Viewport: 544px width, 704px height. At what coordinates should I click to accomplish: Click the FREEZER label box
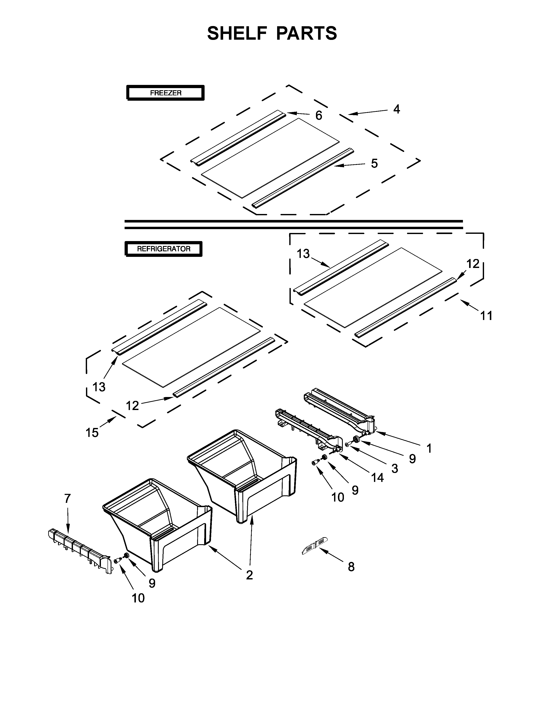pos(165,93)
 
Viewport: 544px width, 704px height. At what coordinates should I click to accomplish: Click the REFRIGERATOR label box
pos(163,249)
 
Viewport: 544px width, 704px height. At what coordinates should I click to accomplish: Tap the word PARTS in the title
pos(307,33)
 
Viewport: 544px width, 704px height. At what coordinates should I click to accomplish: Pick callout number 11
pos(486,316)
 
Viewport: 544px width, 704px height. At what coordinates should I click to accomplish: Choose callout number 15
pos(92,432)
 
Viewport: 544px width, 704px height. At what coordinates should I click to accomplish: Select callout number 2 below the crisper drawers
pos(249,575)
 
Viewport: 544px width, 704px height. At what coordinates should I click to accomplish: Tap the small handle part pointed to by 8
pos(314,546)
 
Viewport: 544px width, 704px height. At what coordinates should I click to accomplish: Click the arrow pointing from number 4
pos(367,112)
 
